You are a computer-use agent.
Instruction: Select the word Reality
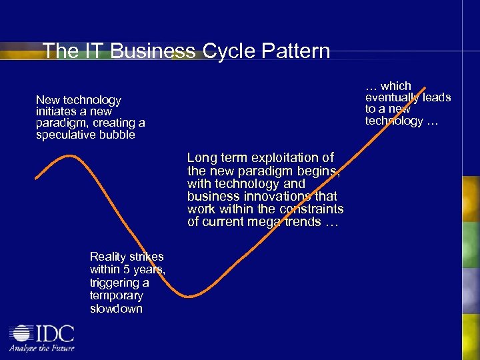[109, 257]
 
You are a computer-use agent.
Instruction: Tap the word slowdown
[116, 309]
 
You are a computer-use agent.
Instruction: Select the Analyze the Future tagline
[41, 348]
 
